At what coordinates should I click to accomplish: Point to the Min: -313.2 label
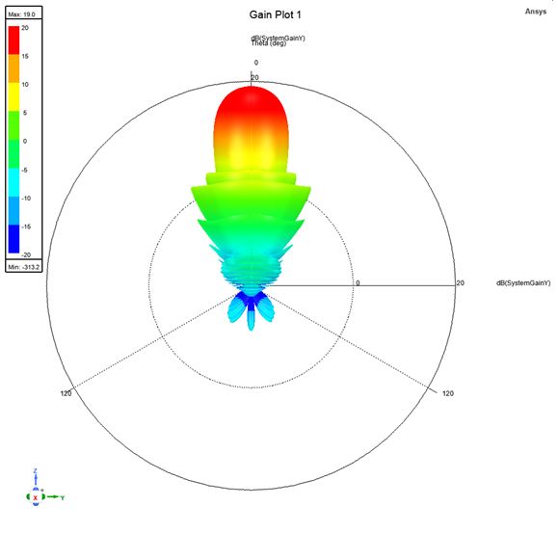click(x=24, y=265)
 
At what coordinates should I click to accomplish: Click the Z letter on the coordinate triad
click(x=34, y=470)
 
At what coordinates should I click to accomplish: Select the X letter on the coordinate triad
click(x=36, y=498)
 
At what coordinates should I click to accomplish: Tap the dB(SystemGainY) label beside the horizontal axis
click(x=523, y=283)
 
